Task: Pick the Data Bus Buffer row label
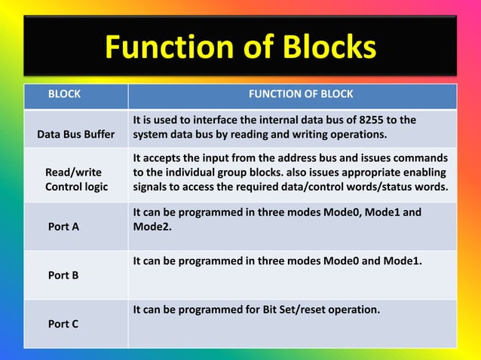pyautogui.click(x=76, y=135)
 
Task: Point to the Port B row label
pyautogui.click(x=63, y=275)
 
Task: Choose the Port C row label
pyautogui.click(x=63, y=323)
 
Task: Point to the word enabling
pyautogui.click(x=426, y=172)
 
